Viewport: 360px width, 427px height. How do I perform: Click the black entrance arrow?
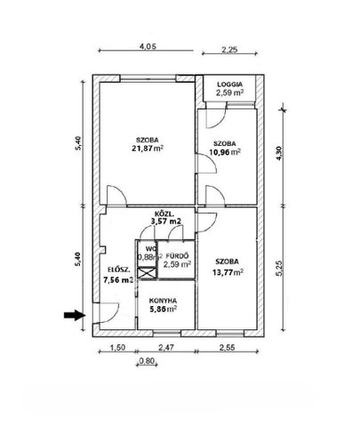[x=75, y=315]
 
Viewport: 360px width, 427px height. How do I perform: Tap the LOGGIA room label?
[x=229, y=85]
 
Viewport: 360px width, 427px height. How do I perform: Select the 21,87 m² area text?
[x=148, y=148]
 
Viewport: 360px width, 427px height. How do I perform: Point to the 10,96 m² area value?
[x=225, y=152]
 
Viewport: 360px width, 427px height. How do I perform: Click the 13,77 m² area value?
[x=228, y=272]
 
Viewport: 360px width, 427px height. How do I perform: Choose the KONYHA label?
[x=163, y=300]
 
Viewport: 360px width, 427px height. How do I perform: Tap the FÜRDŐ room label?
[x=177, y=255]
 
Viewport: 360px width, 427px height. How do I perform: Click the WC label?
[x=149, y=248]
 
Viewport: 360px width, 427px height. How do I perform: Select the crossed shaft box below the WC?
[x=147, y=273]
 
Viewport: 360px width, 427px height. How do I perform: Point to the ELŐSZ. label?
[x=118, y=270]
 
